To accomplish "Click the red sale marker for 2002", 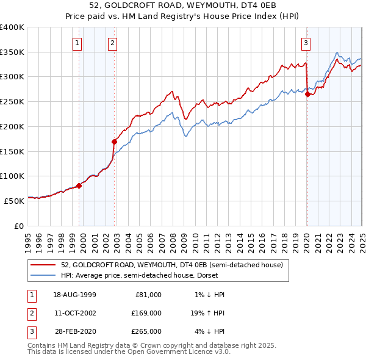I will tap(114, 142).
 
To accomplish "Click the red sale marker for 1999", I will tap(79, 185).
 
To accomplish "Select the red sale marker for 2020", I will tap(307, 94).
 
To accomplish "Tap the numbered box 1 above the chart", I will tap(78, 43).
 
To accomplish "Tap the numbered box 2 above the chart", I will tap(113, 43).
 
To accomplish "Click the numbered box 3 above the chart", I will tap(306, 43).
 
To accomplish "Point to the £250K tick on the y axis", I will tap(13, 101).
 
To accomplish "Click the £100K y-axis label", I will tap(13, 176).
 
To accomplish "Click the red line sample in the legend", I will tap(43, 265).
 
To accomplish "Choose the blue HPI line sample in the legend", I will tap(43, 275).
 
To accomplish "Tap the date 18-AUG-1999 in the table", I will tap(74, 294).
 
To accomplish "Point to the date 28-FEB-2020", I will tap(74, 332).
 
